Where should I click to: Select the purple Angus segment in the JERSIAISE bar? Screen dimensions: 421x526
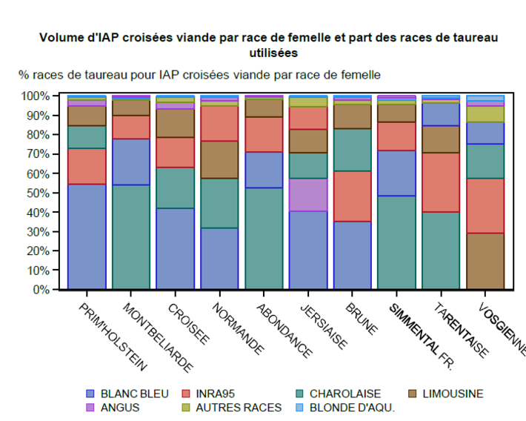tap(308, 195)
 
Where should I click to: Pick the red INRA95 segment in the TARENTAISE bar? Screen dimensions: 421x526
tap(442, 182)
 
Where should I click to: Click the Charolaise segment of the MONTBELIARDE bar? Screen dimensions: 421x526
tap(130, 236)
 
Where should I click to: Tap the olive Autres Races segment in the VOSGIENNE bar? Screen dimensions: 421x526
tap(486, 114)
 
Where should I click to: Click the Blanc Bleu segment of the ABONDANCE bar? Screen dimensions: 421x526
tap(264, 170)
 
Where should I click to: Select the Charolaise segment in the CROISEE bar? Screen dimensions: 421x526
tap(175, 188)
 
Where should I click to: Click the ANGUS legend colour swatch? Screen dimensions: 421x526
tap(90, 407)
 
